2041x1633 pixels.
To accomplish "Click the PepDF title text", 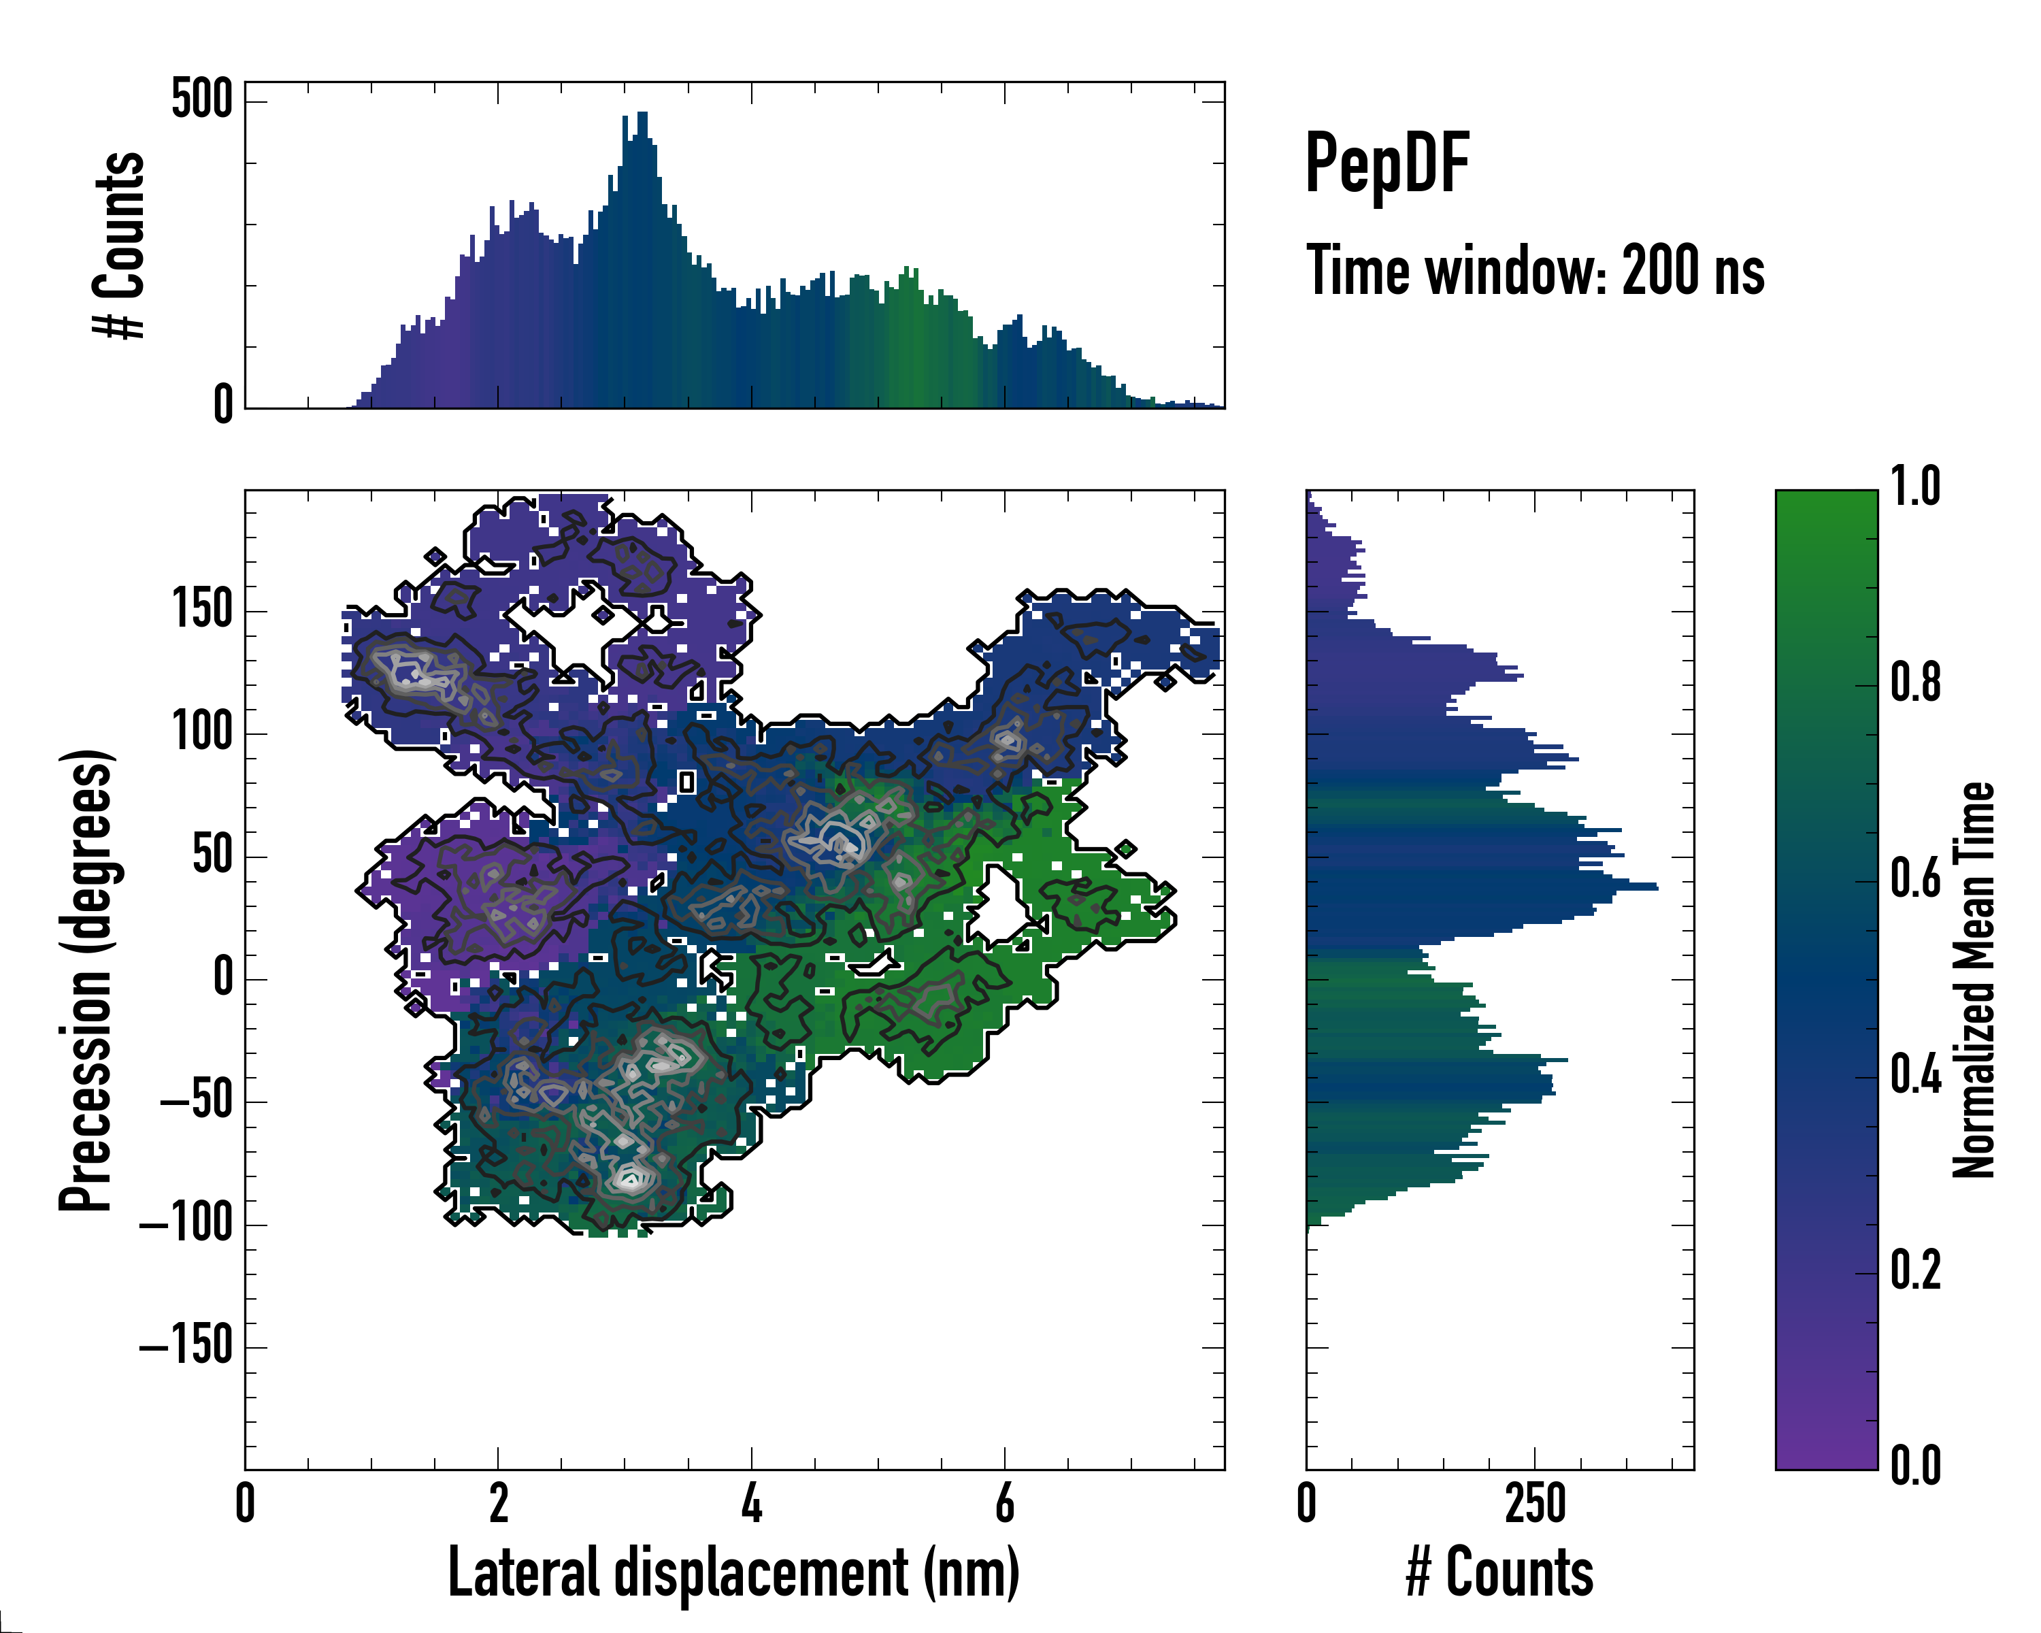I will [1387, 165].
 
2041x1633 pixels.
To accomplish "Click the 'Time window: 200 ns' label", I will [1535, 271].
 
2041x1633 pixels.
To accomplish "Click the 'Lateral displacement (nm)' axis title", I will [733, 1572].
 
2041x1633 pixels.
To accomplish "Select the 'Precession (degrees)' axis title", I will [87, 980].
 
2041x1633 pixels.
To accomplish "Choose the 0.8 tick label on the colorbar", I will [1915, 682].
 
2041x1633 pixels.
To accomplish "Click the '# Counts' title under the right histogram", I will [1499, 1572].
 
